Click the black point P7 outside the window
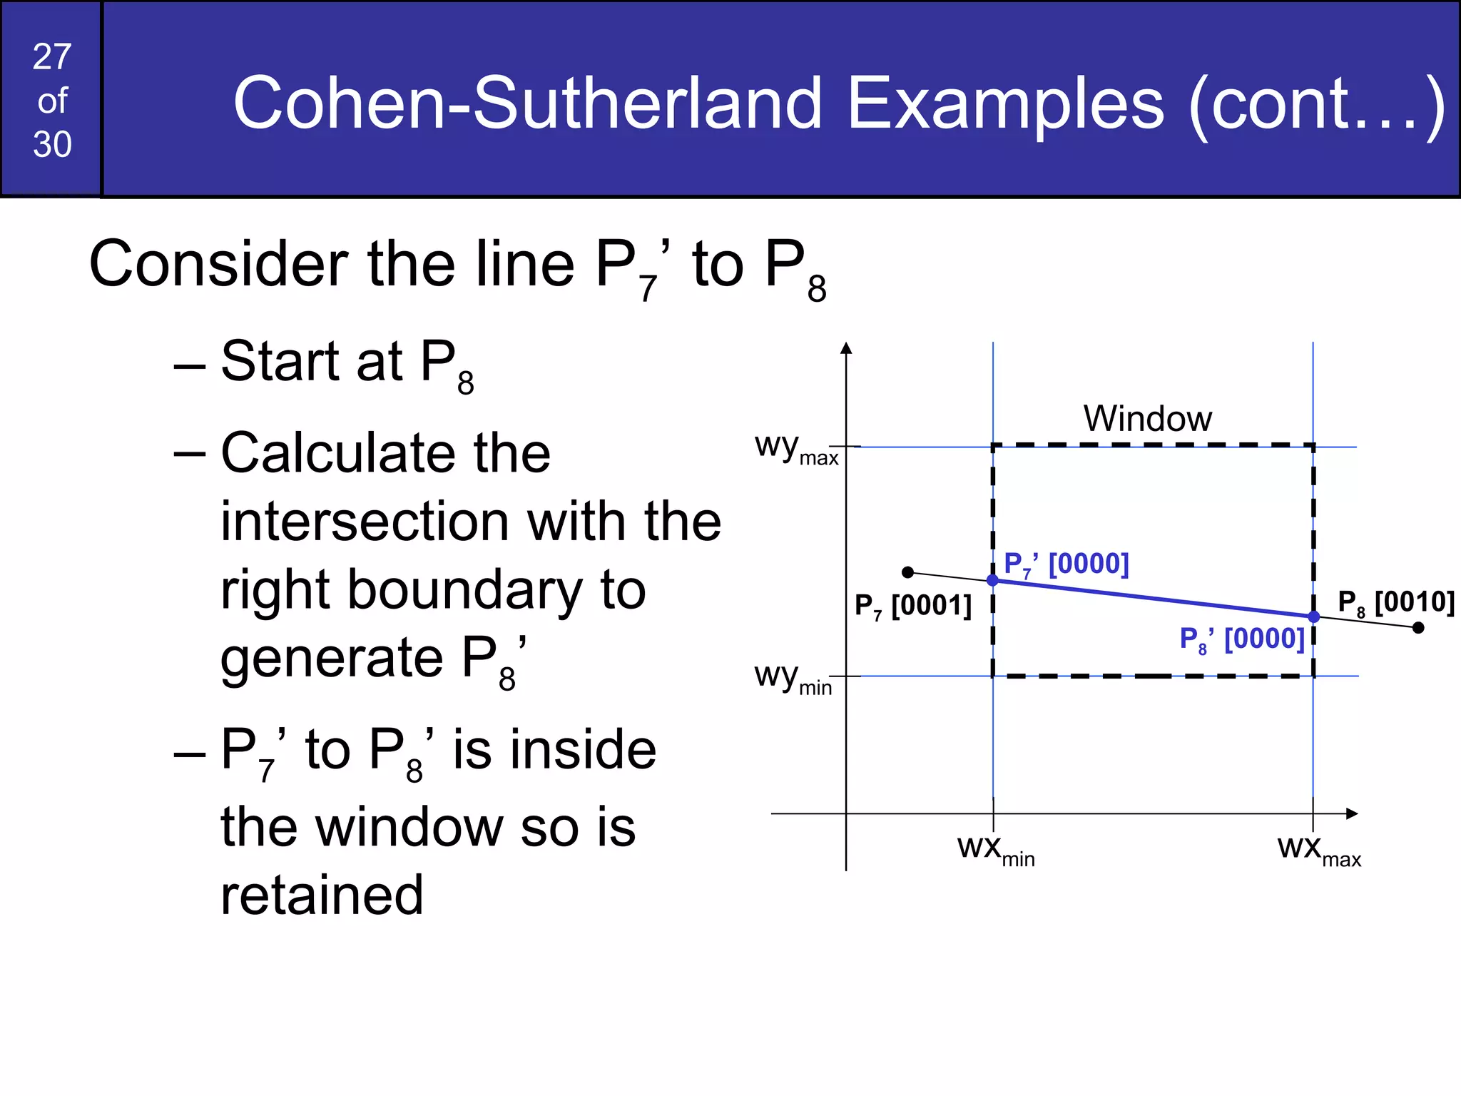click(907, 572)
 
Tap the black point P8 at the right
click(1418, 628)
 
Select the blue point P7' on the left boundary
click(992, 580)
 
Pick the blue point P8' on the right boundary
click(1314, 616)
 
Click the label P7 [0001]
click(912, 607)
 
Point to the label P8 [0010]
click(1395, 603)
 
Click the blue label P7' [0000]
click(1066, 564)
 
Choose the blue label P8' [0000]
click(1241, 639)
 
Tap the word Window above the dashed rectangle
click(1147, 419)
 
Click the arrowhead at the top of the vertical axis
click(846, 348)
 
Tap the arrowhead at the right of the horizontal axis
click(1352, 813)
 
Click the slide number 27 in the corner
click(52, 57)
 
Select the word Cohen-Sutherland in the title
click(528, 104)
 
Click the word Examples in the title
click(1005, 104)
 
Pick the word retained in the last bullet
click(322, 895)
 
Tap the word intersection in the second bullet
click(365, 522)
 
